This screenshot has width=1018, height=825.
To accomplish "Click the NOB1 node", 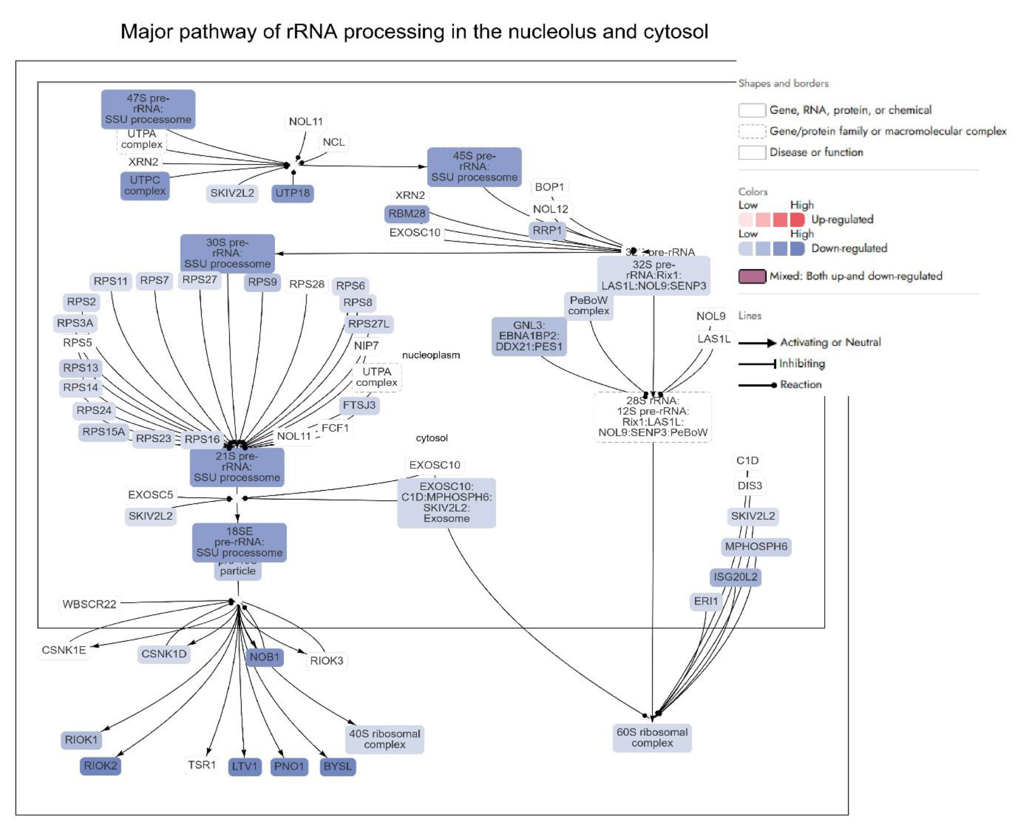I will pyautogui.click(x=264, y=657).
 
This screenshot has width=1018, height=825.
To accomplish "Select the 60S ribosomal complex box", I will pyautogui.click(x=652, y=738).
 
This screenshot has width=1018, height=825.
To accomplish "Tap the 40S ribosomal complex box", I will pyautogui.click(x=384, y=739).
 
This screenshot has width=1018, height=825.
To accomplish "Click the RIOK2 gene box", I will pyautogui.click(x=100, y=766).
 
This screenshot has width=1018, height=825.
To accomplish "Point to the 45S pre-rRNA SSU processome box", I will pyautogui.click(x=474, y=167).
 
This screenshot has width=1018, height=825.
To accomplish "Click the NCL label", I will pyautogui.click(x=333, y=142).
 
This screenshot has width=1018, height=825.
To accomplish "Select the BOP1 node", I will pyautogui.click(x=549, y=187).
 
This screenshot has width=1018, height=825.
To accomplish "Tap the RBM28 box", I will pyautogui.click(x=407, y=213).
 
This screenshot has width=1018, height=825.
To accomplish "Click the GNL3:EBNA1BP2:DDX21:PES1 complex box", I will pyautogui.click(x=529, y=336).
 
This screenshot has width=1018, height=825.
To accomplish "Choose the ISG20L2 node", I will pyautogui.click(x=735, y=577).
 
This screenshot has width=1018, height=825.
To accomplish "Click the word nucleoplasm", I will pyautogui.click(x=431, y=355).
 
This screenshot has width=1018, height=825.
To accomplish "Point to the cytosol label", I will pyautogui.click(x=431, y=438).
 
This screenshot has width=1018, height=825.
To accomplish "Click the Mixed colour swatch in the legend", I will pyautogui.click(x=752, y=276).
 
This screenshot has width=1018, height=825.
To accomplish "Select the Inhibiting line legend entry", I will pyautogui.click(x=802, y=363).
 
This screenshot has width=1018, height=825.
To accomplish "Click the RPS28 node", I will pyautogui.click(x=307, y=284).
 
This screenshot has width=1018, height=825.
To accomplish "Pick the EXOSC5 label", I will pyautogui.click(x=150, y=495).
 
